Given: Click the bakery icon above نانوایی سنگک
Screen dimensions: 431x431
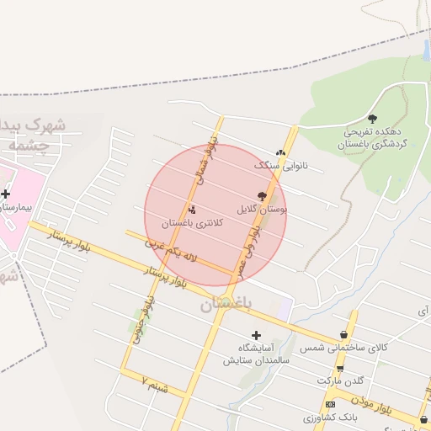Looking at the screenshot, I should [x=280, y=153].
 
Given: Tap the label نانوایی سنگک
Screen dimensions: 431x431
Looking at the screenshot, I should [x=281, y=166].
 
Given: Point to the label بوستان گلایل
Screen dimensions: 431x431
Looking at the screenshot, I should [x=262, y=207].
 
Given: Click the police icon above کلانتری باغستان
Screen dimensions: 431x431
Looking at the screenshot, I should [x=193, y=210].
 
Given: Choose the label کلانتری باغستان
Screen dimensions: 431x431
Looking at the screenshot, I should [x=193, y=222].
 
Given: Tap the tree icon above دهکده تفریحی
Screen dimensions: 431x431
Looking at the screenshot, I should [x=373, y=119].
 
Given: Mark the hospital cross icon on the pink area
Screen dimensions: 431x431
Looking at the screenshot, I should [x=6, y=194].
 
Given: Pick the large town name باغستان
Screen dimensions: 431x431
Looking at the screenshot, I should [x=226, y=306].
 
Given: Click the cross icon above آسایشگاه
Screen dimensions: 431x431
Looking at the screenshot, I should [x=257, y=335].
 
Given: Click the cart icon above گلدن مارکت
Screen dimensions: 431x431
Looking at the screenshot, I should [x=340, y=369].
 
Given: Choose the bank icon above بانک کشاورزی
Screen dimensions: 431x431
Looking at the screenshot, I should [x=329, y=405].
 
